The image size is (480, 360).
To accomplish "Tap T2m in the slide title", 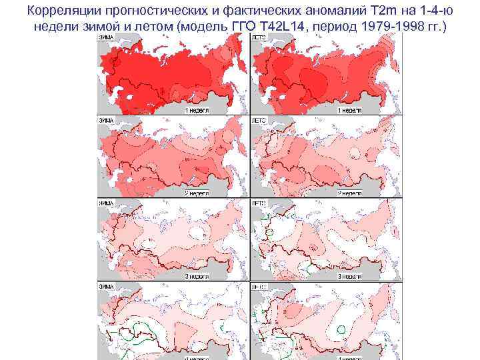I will (x=382, y=11).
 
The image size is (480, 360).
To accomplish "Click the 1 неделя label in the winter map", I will (x=197, y=108).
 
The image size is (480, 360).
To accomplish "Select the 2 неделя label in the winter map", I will (x=197, y=192).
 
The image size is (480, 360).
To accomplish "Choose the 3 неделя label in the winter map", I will (x=197, y=275).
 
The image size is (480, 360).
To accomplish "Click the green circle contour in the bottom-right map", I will (x=341, y=328).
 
